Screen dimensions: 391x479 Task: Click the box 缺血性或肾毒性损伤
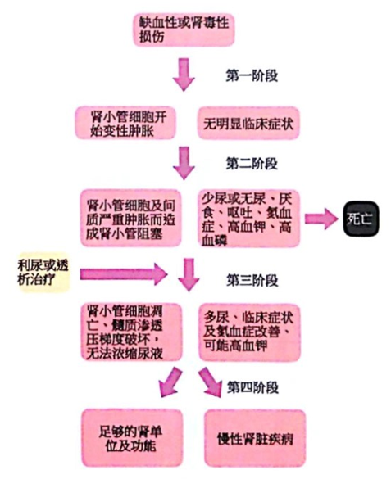tap(184, 29)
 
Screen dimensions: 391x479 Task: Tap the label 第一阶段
tap(252, 75)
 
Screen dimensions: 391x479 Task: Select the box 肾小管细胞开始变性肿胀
tap(125, 123)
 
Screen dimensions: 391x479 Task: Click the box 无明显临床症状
tap(248, 123)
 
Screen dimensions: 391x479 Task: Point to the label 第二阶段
tap(252, 164)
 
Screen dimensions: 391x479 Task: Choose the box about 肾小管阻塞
tap(131, 218)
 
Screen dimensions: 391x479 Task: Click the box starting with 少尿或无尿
tap(249, 218)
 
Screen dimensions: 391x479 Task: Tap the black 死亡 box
tap(361, 219)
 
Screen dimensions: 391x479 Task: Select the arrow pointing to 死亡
tap(321, 219)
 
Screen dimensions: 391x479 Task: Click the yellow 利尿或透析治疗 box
tap(44, 273)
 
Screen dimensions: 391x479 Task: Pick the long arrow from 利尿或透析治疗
tap(124, 274)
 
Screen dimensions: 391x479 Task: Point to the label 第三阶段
tap(252, 280)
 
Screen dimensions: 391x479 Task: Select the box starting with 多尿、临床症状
tap(249, 332)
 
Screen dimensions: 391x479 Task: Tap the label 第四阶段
tap(252, 387)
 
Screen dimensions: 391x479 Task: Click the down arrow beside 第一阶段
tap(184, 75)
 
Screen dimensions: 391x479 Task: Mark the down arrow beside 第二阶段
tap(184, 163)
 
